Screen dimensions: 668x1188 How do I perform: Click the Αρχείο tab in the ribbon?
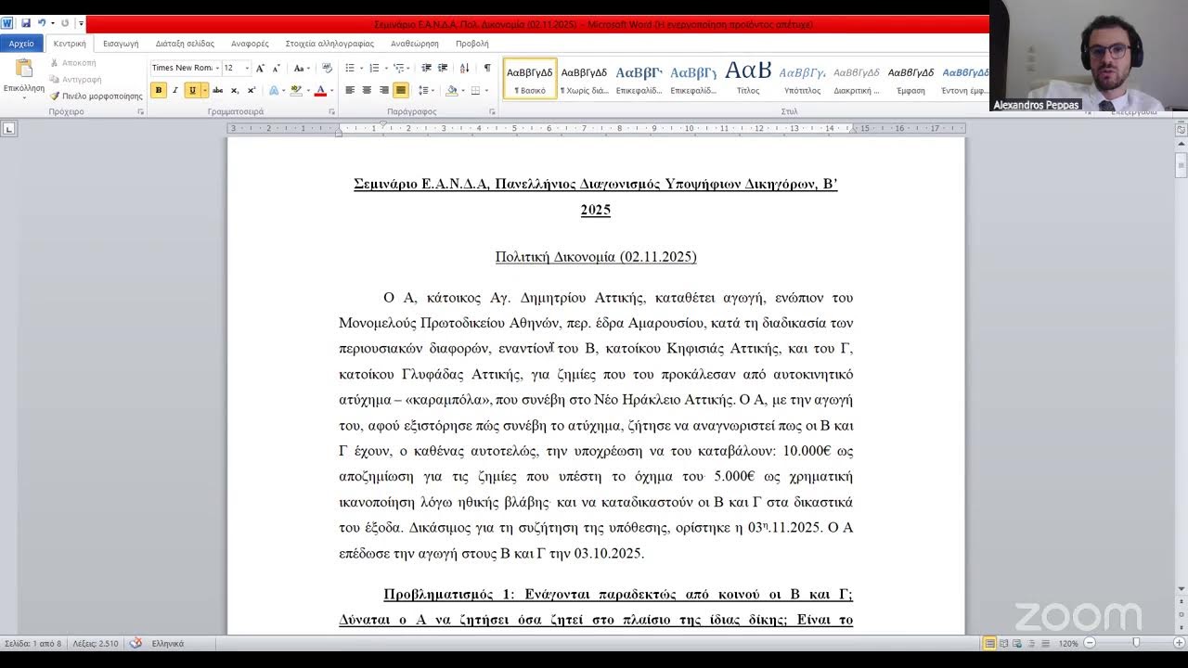click(21, 44)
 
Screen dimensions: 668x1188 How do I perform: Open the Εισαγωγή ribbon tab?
click(121, 44)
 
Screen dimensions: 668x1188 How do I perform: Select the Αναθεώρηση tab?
click(414, 44)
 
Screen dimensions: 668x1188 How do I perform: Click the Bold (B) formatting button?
click(159, 90)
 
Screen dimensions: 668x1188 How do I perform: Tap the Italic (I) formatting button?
click(174, 90)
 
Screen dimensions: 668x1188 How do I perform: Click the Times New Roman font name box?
click(183, 68)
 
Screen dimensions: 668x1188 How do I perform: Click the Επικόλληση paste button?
click(24, 78)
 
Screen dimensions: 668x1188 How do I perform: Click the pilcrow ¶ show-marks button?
click(487, 68)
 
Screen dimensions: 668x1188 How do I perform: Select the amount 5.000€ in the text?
click(733, 477)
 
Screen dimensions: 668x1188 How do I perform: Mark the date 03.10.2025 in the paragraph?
click(609, 554)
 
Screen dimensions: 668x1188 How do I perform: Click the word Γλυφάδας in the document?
click(434, 375)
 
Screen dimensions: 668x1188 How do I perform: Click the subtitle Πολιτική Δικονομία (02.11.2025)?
click(596, 257)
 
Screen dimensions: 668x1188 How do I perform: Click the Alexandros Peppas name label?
click(1036, 105)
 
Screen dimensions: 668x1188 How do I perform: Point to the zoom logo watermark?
click(1078, 617)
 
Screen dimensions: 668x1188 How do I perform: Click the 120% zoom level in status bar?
click(1068, 643)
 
